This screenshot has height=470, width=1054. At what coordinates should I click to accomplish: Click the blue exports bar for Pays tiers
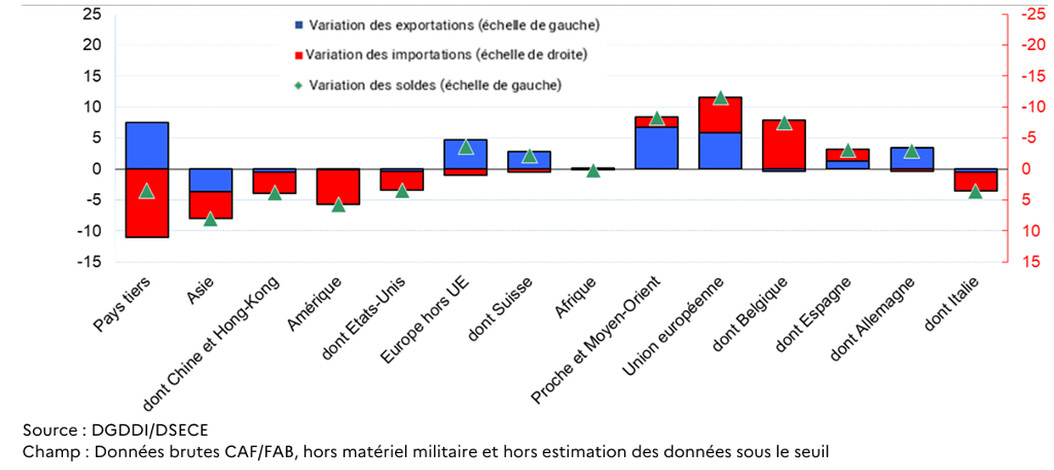tap(147, 145)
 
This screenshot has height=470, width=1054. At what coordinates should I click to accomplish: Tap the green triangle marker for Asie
tap(211, 218)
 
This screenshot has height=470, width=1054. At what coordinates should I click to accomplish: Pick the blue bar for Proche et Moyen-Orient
tap(657, 148)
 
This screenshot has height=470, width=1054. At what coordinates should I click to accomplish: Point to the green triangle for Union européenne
tap(720, 98)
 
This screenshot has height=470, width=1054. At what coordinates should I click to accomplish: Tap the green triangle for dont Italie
tap(975, 191)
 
